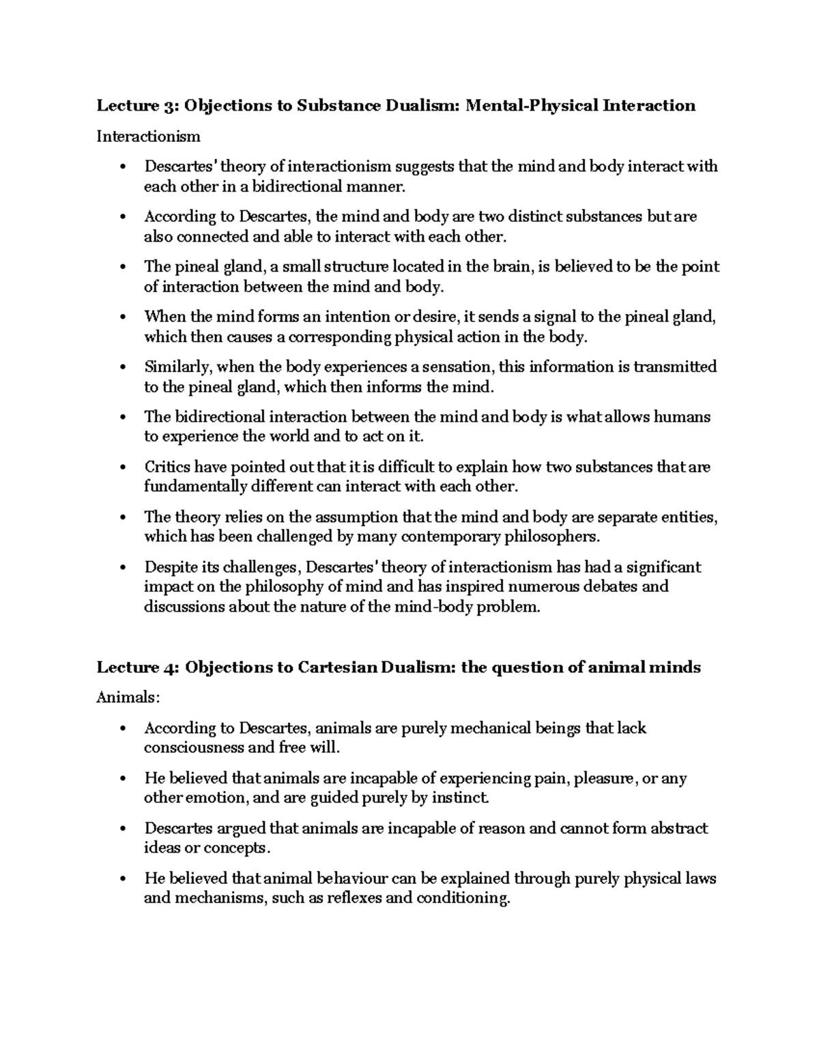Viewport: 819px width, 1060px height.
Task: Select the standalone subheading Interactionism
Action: (x=148, y=137)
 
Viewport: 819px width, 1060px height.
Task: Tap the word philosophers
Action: (x=551, y=536)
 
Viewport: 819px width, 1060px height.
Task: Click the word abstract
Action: (x=678, y=829)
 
